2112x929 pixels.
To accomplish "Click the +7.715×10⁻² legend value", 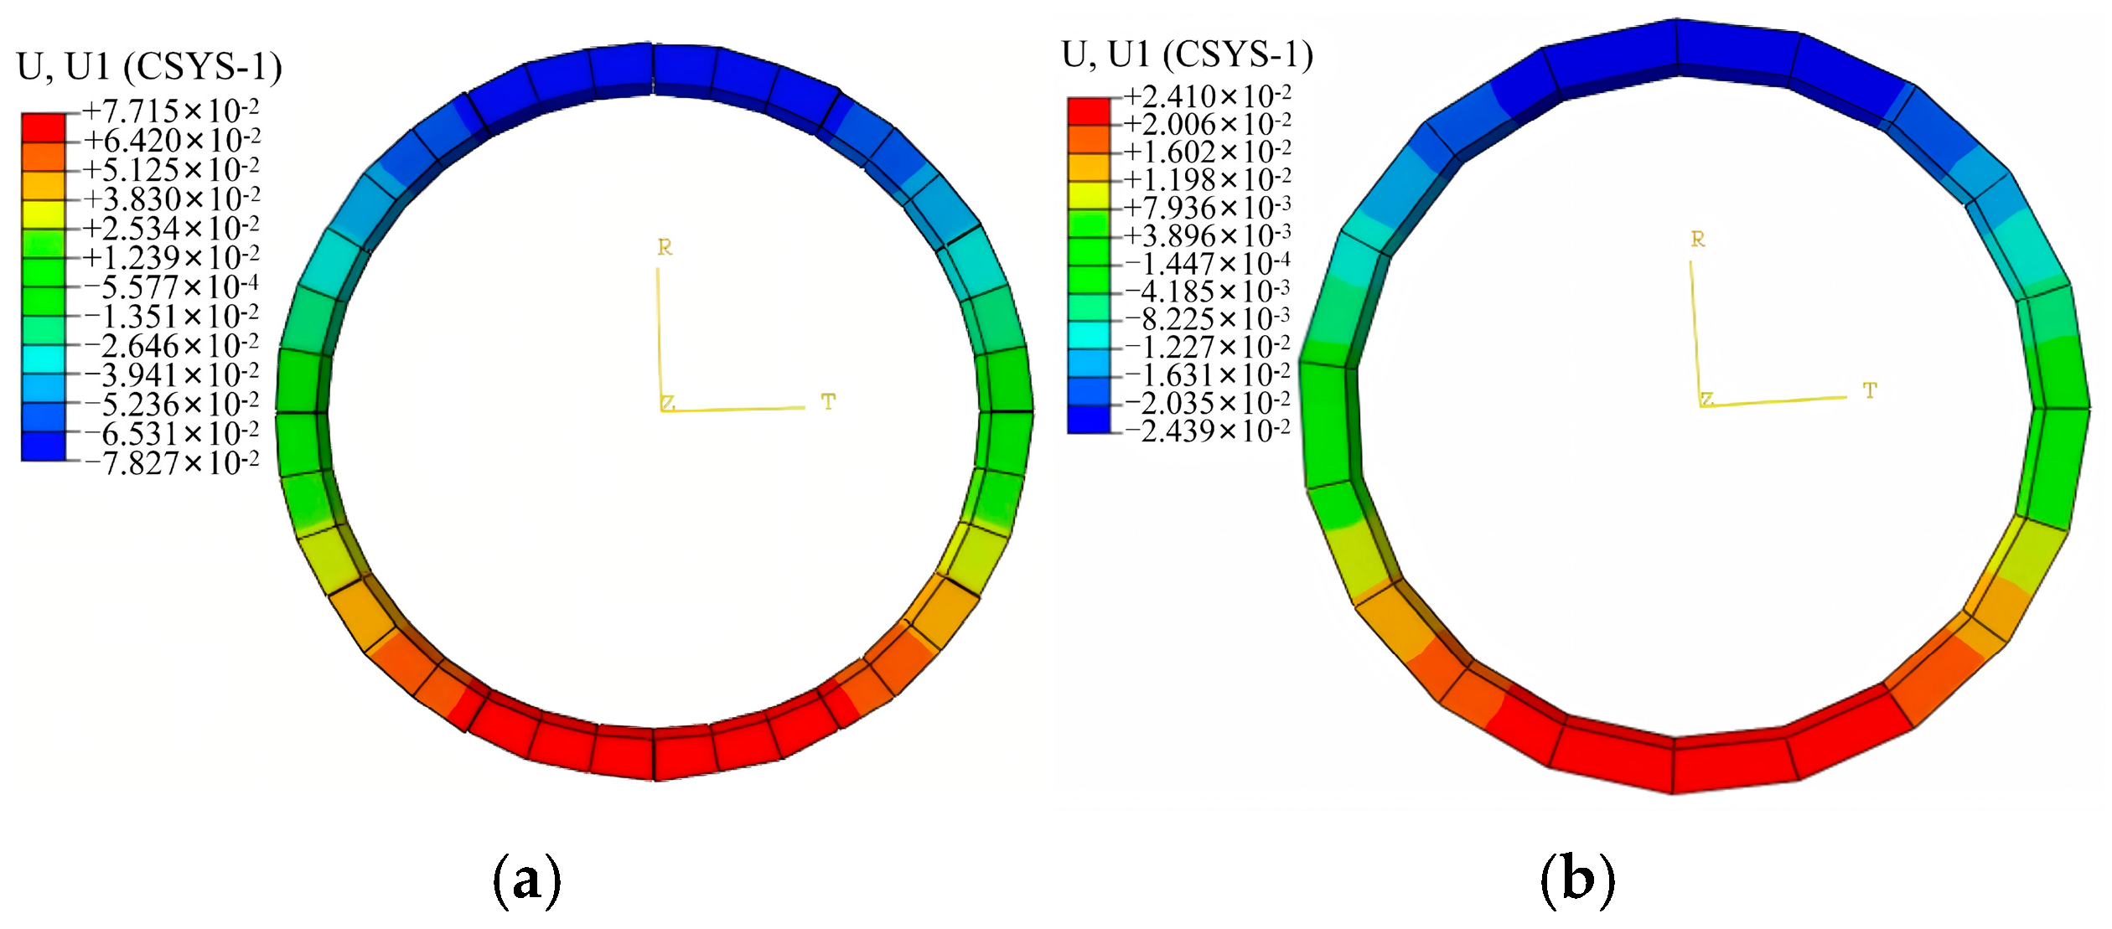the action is tap(170, 111).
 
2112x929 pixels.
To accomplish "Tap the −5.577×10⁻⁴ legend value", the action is tap(172, 286).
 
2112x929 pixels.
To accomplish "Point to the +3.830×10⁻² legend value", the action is tap(170, 199).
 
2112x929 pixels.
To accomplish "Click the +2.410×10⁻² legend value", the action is tap(1207, 95).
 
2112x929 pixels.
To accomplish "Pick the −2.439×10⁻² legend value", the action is tap(1207, 431).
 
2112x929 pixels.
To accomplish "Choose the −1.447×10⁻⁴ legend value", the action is tap(1207, 263).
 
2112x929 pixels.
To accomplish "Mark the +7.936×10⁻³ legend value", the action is tap(1207, 207).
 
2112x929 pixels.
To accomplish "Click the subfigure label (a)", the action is tap(526, 880).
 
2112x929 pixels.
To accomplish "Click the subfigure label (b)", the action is tap(1577, 880).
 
